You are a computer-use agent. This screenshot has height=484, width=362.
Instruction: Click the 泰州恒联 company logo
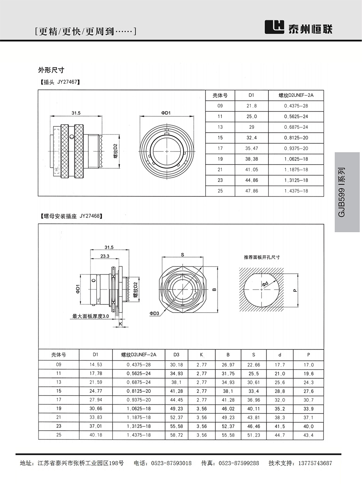(298, 28)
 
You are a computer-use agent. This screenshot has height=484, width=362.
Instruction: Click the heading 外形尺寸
(51, 70)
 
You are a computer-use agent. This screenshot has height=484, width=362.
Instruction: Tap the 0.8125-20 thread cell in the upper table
(296, 138)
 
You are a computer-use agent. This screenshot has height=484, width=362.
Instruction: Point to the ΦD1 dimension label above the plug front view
(166, 113)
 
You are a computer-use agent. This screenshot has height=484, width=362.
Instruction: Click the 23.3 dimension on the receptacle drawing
(104, 256)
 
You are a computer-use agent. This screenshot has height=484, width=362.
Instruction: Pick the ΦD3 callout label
(154, 314)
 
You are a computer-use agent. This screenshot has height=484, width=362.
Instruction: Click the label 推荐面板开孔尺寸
(262, 257)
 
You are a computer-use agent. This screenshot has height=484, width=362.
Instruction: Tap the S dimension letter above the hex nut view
(183, 254)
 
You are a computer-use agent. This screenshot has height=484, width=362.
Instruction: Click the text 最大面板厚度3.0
(91, 316)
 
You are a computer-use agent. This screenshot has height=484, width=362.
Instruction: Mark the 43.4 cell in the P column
(308, 435)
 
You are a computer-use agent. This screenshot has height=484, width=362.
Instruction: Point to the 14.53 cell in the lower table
(96, 365)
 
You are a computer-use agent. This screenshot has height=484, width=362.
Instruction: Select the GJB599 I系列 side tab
(347, 192)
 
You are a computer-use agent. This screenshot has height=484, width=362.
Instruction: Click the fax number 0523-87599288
(239, 463)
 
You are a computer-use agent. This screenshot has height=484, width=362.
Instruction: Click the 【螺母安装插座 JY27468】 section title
(71, 216)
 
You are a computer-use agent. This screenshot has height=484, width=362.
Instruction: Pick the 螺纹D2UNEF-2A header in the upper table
(296, 95)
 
